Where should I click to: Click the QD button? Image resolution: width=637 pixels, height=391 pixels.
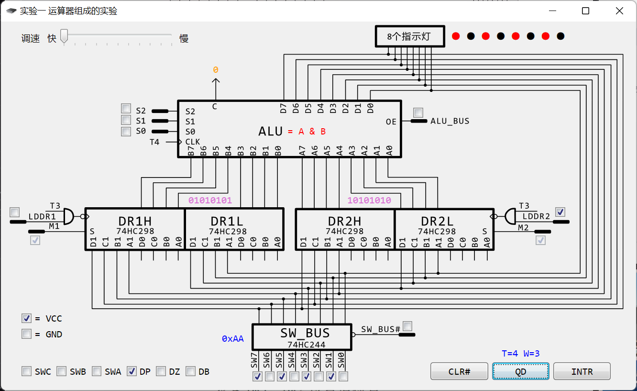[521, 371]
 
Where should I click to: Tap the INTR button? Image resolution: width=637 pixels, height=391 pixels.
[582, 371]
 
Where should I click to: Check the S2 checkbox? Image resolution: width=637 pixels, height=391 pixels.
[126, 109]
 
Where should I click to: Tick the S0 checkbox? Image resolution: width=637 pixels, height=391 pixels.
[126, 131]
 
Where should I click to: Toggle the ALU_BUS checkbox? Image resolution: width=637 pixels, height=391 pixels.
[418, 112]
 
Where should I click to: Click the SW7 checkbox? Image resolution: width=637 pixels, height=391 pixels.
[257, 377]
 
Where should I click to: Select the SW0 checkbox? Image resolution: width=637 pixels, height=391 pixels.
[343, 377]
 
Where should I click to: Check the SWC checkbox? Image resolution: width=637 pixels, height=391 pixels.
[27, 371]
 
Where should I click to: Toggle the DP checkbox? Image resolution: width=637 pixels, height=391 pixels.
[132, 371]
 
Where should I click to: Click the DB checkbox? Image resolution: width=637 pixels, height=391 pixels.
[191, 371]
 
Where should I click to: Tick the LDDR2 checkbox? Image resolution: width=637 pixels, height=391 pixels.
[560, 212]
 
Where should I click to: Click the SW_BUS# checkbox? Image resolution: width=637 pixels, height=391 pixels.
[407, 326]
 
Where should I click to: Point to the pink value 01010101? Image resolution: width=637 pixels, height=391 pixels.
[210, 201]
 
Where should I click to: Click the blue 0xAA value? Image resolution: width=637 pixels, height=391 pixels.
[233, 339]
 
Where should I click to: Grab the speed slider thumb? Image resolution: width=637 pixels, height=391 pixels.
[64, 36]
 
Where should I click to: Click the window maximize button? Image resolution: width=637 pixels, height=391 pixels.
[585, 11]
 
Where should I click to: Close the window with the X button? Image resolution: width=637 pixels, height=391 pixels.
[619, 11]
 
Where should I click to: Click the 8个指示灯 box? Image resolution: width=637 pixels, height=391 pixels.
[409, 36]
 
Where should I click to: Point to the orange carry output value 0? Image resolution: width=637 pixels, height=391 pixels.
[216, 70]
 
